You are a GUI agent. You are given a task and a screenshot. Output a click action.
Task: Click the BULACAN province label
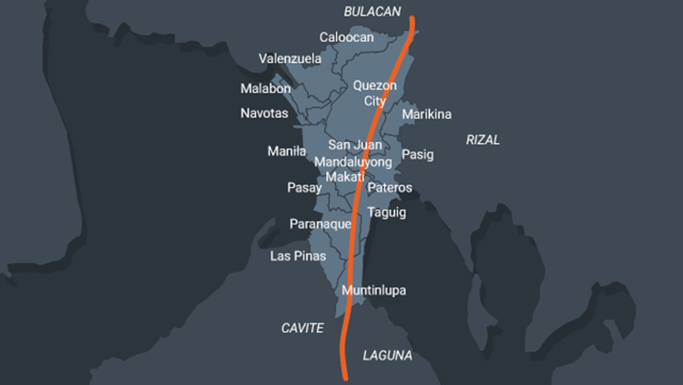click(372, 11)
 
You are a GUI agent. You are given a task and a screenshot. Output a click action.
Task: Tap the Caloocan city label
click(346, 37)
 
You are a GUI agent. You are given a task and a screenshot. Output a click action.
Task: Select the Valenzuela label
click(290, 58)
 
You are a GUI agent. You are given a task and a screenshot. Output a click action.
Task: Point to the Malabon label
click(266, 88)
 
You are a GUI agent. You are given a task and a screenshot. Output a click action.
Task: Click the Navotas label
click(264, 113)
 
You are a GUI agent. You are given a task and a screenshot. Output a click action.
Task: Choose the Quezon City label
click(375, 93)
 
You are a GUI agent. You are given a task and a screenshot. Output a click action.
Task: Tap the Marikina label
click(426, 114)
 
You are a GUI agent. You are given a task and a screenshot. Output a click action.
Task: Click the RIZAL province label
click(483, 140)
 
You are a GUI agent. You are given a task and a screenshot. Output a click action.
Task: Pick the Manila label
click(287, 151)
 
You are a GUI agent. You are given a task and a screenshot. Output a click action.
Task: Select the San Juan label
click(355, 145)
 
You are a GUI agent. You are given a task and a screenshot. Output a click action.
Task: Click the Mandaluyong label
click(352, 161)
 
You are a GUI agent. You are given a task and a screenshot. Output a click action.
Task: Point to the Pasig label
click(418, 154)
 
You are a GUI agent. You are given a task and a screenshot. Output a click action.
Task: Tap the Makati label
click(345, 176)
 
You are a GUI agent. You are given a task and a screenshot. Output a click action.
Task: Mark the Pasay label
click(305, 188)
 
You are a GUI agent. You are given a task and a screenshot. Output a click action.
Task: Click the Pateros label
click(390, 188)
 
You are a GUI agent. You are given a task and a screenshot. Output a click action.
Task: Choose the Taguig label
click(387, 213)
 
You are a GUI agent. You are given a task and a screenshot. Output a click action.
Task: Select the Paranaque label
click(321, 224)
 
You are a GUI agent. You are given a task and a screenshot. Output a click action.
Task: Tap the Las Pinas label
click(298, 255)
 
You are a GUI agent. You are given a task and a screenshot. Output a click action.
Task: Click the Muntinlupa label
click(373, 290)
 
